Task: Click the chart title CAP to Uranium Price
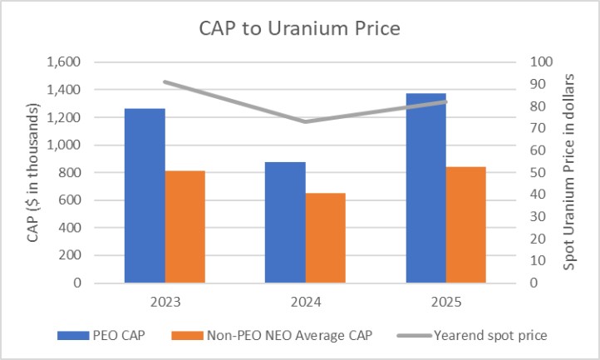click(299, 30)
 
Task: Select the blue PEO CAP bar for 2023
click(145, 195)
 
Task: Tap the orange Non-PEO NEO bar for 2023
click(184, 226)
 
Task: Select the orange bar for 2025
click(465, 224)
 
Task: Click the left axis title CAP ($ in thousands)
click(33, 173)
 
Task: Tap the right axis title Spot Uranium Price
click(570, 170)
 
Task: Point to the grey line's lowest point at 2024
click(305, 121)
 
